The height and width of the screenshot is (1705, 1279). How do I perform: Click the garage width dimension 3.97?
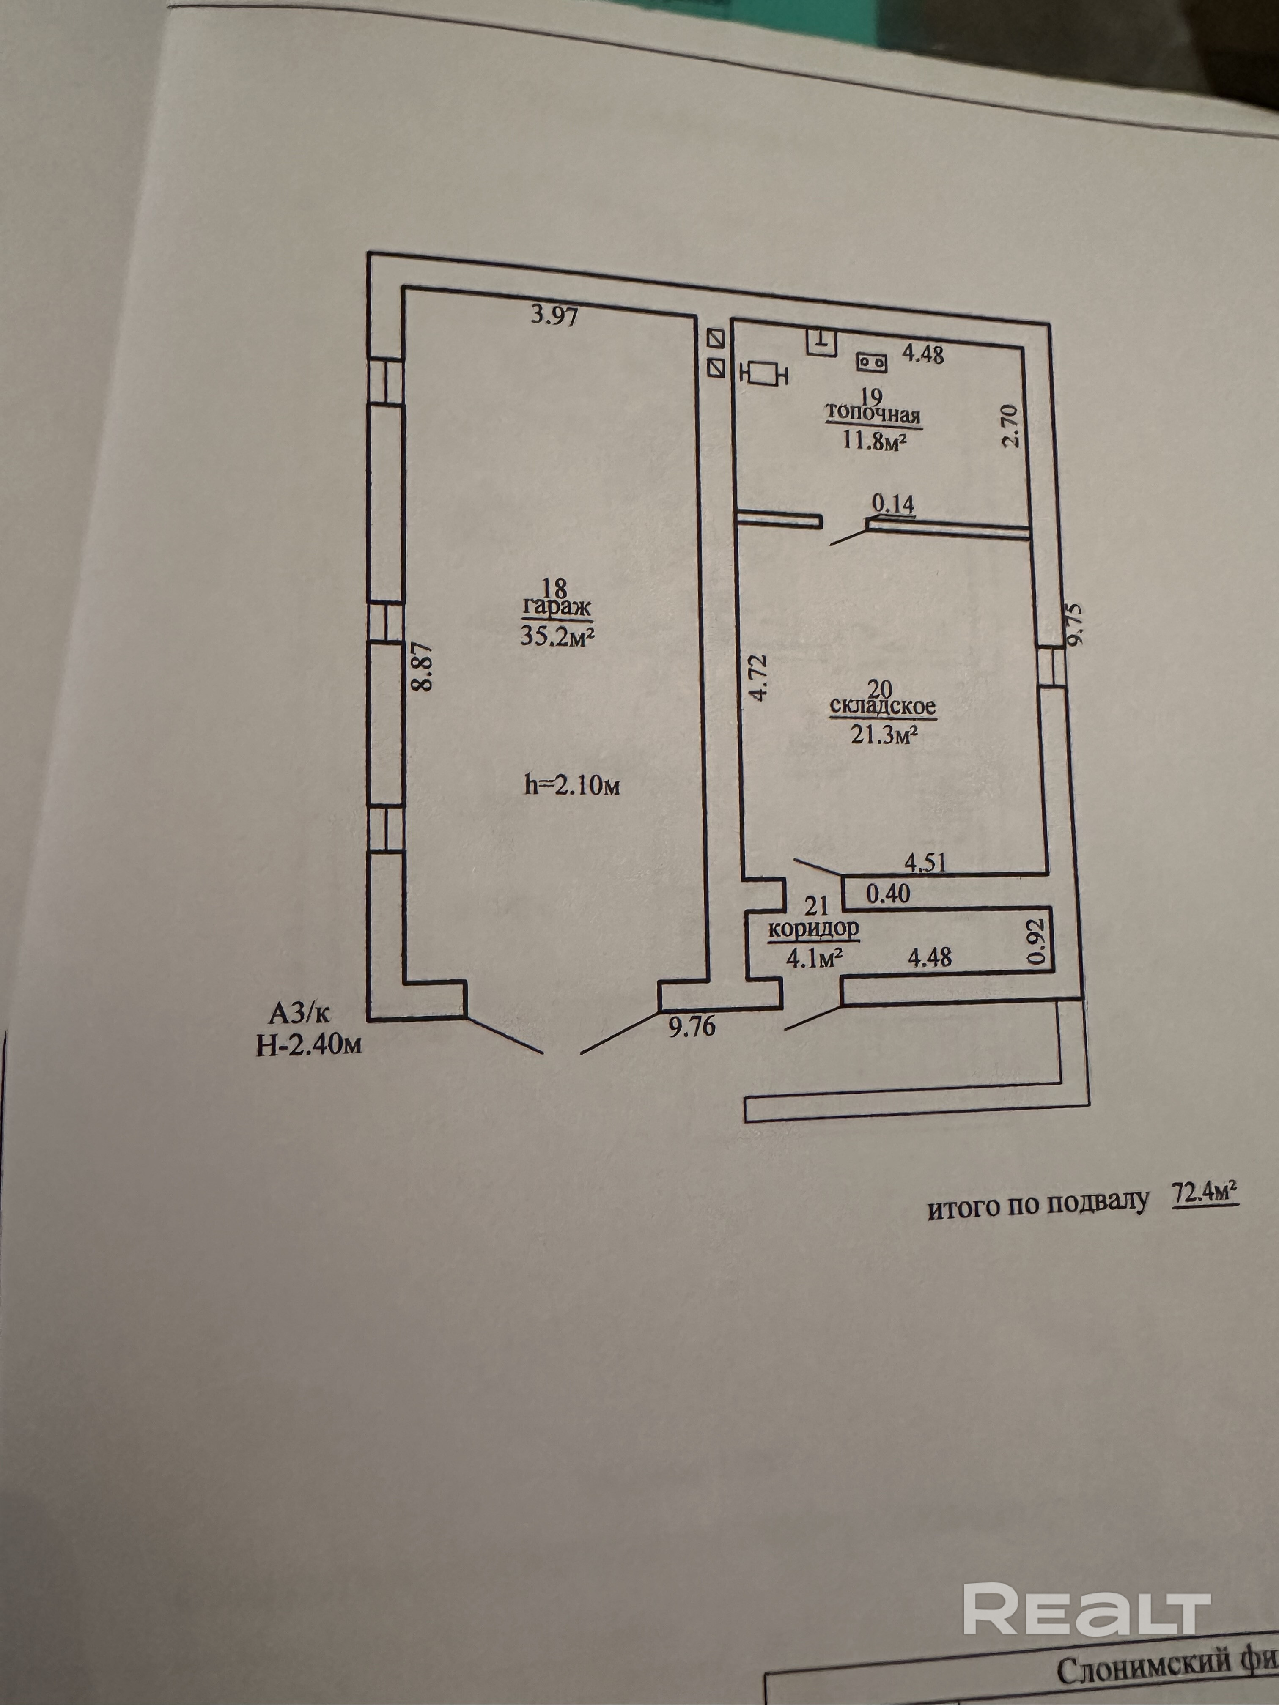click(554, 315)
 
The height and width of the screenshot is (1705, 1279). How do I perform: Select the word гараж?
click(557, 609)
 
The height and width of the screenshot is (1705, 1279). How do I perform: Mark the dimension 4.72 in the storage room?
click(759, 677)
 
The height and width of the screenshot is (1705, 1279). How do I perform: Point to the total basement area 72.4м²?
click(1204, 1216)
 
